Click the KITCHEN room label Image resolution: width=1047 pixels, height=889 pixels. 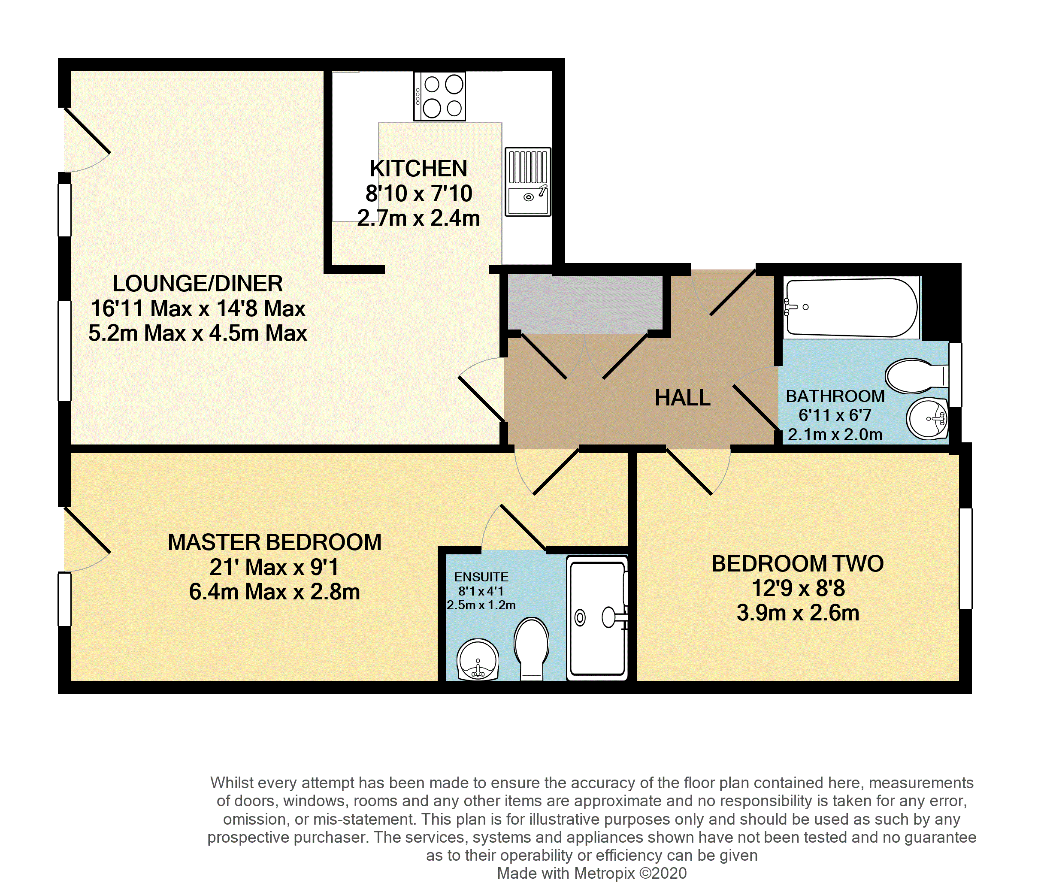coord(418,169)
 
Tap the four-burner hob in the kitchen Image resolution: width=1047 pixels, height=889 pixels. coord(439,96)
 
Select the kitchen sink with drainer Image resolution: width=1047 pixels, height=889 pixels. coord(528,182)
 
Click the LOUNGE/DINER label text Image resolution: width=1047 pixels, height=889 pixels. coord(198,284)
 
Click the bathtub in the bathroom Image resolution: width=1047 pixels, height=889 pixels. coord(852,308)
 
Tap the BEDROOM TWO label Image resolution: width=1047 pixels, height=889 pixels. coord(797,564)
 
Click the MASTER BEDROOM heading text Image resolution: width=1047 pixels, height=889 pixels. coord(274,543)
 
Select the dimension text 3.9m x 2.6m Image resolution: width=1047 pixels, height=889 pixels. coord(797,613)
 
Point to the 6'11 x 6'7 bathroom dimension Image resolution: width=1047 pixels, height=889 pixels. coord(835,415)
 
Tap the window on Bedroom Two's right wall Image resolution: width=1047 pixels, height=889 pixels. coord(965,558)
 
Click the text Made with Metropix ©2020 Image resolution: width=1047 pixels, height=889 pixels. coord(592,874)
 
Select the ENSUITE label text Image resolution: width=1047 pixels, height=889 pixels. coord(481,577)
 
